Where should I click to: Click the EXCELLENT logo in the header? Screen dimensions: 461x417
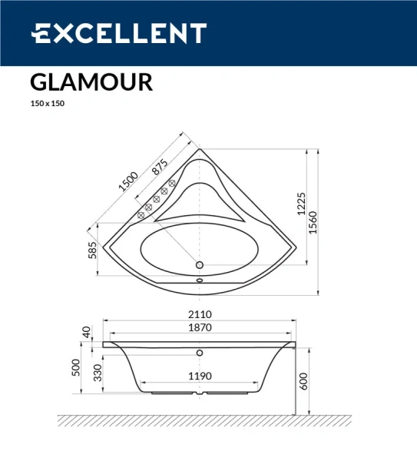tap(118, 34)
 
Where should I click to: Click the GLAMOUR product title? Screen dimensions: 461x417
tap(91, 82)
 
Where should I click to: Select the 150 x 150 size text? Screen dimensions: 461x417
tap(47, 104)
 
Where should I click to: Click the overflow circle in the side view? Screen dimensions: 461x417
tap(200, 353)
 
